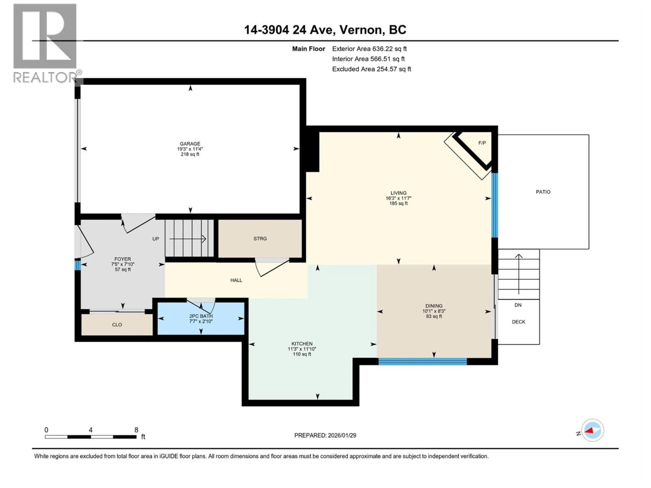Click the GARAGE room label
(190, 144)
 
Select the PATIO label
(543, 192)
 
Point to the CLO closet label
(117, 325)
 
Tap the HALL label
(236, 280)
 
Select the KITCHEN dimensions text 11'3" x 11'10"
(302, 349)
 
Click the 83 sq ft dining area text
(434, 317)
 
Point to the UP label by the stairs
(156, 239)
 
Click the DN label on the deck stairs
(518, 305)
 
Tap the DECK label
(518, 322)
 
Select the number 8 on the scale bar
(136, 430)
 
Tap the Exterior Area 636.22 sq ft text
(369, 49)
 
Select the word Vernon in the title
(362, 30)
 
